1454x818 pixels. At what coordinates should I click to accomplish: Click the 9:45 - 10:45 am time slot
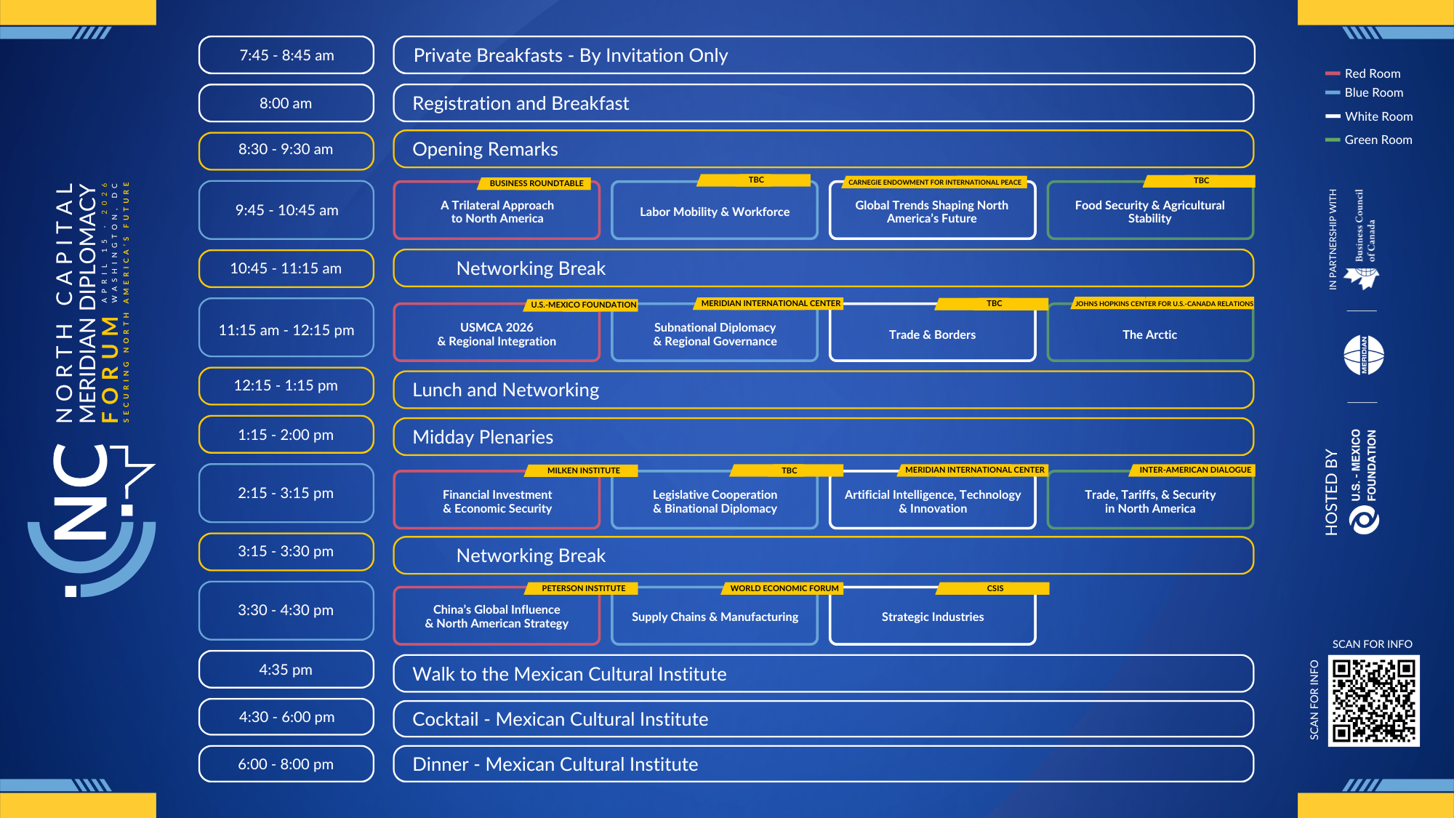(286, 210)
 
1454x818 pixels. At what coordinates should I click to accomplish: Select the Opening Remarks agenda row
(823, 149)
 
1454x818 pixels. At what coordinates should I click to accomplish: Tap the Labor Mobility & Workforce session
(714, 212)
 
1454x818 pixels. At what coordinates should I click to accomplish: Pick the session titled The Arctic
(1149, 334)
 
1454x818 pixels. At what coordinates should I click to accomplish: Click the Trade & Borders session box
(932, 334)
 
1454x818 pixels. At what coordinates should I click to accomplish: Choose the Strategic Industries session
(932, 617)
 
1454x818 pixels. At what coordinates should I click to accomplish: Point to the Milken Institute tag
(583, 470)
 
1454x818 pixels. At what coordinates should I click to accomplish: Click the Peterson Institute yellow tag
(583, 588)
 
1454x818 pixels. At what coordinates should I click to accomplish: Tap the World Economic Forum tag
(784, 588)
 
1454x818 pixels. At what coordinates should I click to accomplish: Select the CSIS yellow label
(995, 588)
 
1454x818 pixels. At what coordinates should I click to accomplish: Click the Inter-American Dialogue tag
(1194, 470)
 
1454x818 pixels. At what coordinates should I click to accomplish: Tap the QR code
(1373, 701)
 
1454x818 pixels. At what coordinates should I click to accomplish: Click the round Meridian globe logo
(1363, 355)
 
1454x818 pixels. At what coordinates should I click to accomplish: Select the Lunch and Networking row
(823, 390)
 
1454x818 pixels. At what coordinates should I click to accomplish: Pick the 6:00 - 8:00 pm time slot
(286, 764)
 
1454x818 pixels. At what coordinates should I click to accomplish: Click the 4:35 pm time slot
(286, 670)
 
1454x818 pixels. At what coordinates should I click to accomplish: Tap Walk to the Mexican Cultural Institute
(823, 674)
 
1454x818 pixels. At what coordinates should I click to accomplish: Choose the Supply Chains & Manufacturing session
(714, 617)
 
